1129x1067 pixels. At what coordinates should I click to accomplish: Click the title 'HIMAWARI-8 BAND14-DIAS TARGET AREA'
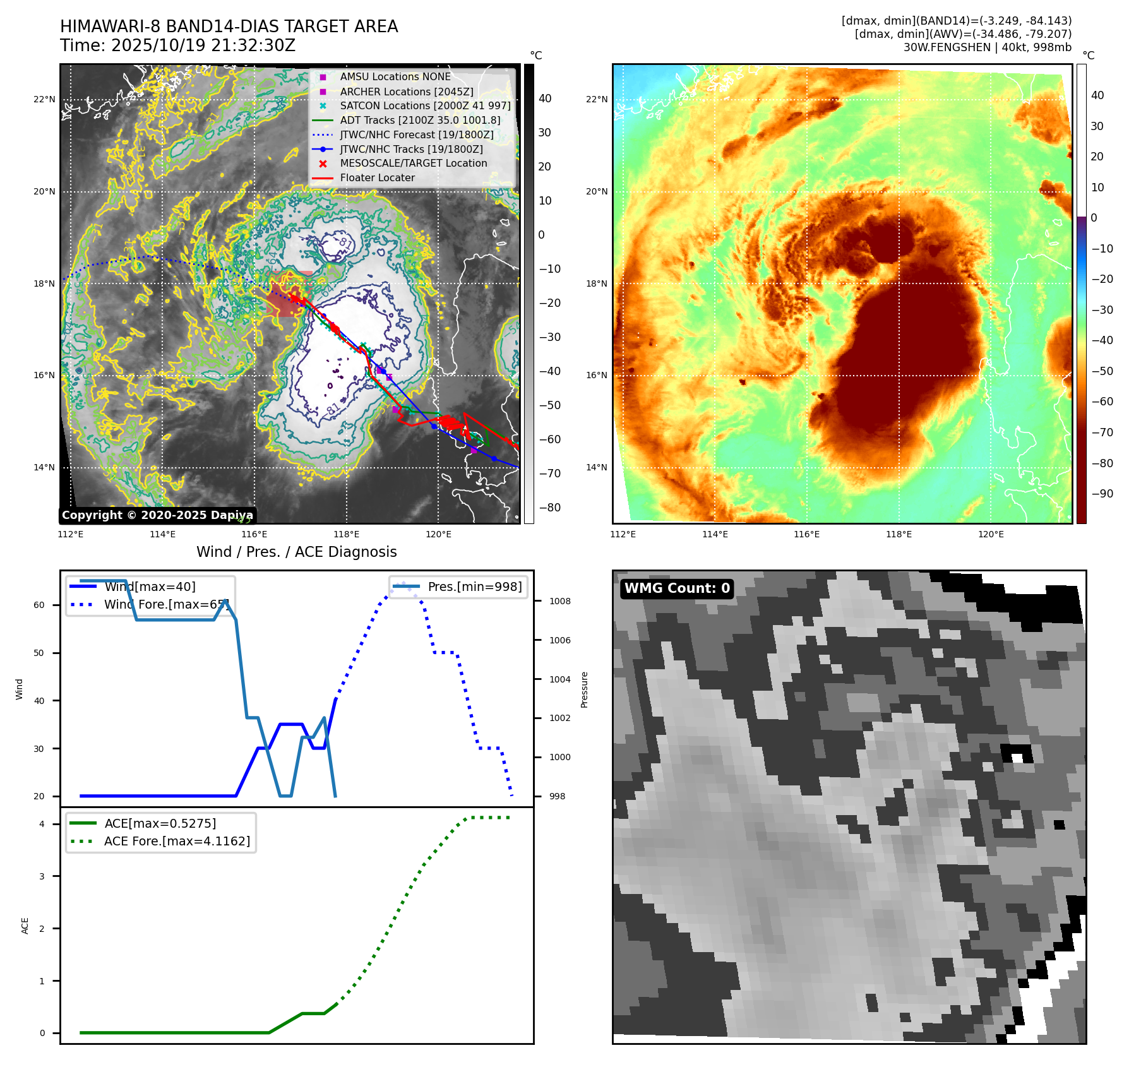pyautogui.click(x=229, y=27)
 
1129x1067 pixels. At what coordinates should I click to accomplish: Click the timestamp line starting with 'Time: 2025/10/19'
pyautogui.click(x=177, y=45)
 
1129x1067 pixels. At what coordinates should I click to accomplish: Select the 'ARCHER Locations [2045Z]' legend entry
pyautogui.click(x=406, y=92)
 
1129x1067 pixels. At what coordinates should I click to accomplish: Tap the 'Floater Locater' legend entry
pyautogui.click(x=377, y=178)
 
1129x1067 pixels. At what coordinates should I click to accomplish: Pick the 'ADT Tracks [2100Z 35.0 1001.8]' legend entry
pyautogui.click(x=420, y=120)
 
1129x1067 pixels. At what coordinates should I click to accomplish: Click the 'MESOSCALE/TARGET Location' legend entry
pyautogui.click(x=413, y=164)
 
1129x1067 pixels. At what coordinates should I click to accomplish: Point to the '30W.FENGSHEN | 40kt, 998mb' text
pyautogui.click(x=987, y=47)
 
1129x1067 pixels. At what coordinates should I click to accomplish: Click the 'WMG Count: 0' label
pyautogui.click(x=677, y=588)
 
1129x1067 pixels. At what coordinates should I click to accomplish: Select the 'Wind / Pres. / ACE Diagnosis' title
pyautogui.click(x=296, y=552)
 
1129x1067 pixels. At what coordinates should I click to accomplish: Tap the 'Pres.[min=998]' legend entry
pyautogui.click(x=474, y=587)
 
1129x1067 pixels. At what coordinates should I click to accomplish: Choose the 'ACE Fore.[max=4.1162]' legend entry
pyautogui.click(x=177, y=841)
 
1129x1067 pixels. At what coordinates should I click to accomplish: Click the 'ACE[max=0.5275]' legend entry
pyautogui.click(x=160, y=823)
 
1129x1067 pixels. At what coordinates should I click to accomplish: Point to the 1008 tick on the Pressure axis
pyautogui.click(x=559, y=601)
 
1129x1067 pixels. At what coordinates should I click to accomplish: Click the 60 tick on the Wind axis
pyautogui.click(x=39, y=605)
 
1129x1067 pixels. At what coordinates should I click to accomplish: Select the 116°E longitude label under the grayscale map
pyautogui.click(x=254, y=534)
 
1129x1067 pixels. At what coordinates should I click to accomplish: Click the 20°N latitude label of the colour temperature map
pyautogui.click(x=597, y=191)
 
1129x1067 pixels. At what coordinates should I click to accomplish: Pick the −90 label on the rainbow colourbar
pyautogui.click(x=1102, y=494)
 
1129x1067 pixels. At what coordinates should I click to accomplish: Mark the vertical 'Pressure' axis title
pyautogui.click(x=584, y=689)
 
